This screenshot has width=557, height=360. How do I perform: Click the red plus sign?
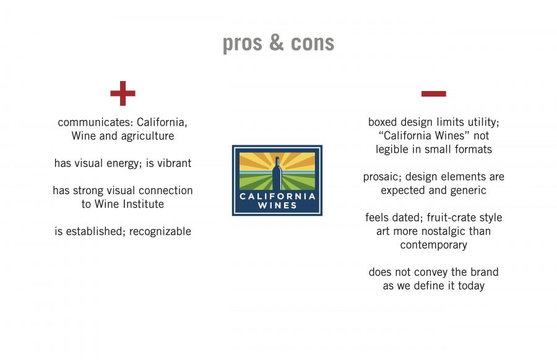[x=123, y=93]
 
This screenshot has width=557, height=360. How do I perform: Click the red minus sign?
[x=433, y=94]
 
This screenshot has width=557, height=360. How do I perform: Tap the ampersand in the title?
[x=277, y=43]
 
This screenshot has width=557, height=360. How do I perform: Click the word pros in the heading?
[x=242, y=44]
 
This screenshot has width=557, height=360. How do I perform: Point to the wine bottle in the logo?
[x=277, y=173]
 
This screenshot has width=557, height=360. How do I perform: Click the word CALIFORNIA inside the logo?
[x=277, y=196]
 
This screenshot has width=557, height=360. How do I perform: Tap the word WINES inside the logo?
[x=277, y=205]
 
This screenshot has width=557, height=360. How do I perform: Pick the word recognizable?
[x=160, y=231]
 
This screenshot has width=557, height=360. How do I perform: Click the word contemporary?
[x=434, y=245]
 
